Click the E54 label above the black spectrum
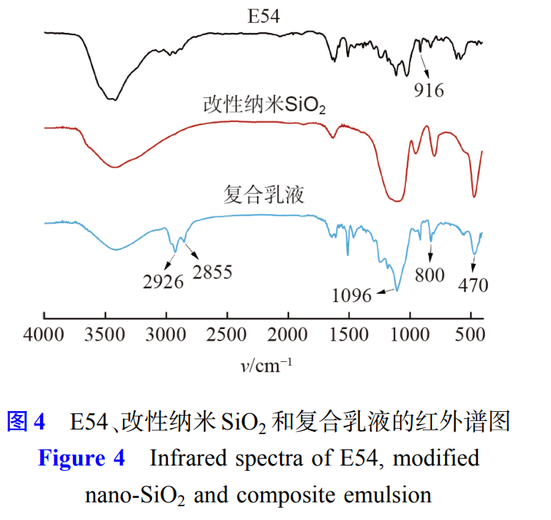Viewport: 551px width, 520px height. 262,15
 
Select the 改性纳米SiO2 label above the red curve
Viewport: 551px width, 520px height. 264,105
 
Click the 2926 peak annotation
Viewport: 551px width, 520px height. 163,281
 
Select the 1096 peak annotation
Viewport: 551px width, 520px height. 351,295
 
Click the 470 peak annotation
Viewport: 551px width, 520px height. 473,285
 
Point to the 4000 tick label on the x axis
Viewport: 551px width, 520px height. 45,335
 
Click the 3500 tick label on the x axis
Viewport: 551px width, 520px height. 105,335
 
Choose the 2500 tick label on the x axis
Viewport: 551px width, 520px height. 227,335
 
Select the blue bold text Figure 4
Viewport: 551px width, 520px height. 81,459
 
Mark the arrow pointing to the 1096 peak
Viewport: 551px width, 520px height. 384,292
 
